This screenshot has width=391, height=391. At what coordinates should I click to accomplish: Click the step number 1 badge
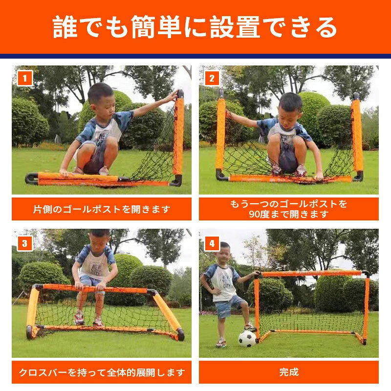[25, 78]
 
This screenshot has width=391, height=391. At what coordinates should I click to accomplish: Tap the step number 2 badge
[212, 78]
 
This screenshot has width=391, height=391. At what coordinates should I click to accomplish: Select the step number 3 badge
[25, 243]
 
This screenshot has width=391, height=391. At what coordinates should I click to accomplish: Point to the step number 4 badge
[212, 243]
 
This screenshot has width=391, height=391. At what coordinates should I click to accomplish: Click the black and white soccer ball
[247, 339]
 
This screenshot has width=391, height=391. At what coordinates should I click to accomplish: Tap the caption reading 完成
[289, 372]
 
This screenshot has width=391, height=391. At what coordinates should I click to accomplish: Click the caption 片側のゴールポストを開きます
[102, 209]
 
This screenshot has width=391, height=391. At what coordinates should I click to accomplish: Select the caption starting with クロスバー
[102, 372]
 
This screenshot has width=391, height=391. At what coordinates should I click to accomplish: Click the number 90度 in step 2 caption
[259, 214]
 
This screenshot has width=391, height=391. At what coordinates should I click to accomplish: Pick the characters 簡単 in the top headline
[156, 27]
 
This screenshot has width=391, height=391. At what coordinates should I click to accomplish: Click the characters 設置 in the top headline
[235, 27]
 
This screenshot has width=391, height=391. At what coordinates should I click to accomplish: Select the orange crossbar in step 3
[95, 289]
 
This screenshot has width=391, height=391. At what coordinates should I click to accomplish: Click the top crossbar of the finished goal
[312, 274]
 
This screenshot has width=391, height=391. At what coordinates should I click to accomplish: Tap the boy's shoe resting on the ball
[250, 327]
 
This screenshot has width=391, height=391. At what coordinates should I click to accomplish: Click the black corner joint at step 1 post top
[180, 94]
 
